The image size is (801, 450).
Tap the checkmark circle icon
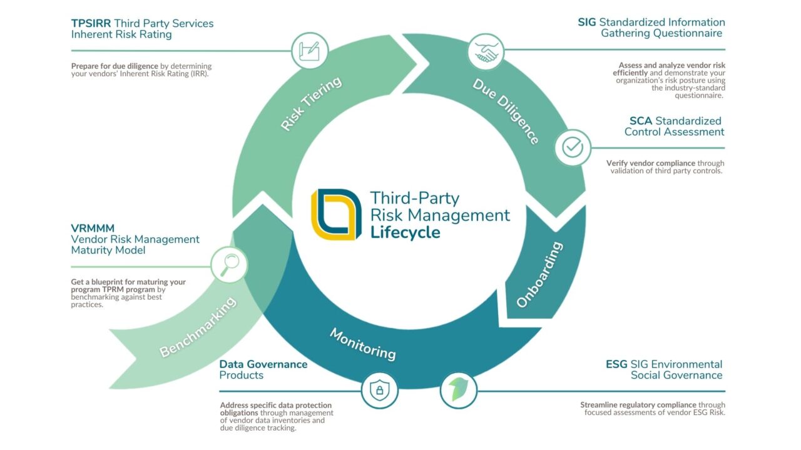click(x=573, y=147)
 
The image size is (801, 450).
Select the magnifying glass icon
click(x=229, y=264)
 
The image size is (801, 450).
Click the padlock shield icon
click(x=379, y=391)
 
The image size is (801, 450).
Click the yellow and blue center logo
click(x=336, y=214)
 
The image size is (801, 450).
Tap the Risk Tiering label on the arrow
click(x=311, y=103)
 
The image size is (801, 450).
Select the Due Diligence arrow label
click(x=506, y=111)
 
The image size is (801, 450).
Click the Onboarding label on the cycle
click(x=539, y=274)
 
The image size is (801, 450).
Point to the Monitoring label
click(x=363, y=344)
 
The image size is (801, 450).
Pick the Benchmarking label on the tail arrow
click(x=198, y=327)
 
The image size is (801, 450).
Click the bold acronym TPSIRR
click(x=91, y=24)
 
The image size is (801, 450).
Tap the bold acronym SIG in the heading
click(x=587, y=22)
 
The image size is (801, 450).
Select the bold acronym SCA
click(x=641, y=121)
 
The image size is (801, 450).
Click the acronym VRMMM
click(x=93, y=228)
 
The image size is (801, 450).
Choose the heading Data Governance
click(x=263, y=364)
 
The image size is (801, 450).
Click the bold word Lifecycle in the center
click(x=405, y=232)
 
